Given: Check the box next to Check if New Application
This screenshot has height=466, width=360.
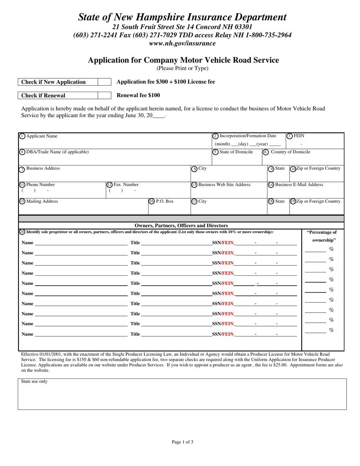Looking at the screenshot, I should [105, 82].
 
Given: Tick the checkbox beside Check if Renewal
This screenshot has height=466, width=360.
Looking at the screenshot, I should [105, 95].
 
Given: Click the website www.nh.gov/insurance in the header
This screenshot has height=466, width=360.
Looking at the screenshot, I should [182, 43].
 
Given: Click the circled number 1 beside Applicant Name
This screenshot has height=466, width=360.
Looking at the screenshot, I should [22, 136].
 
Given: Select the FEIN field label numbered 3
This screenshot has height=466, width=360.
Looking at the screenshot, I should [299, 136].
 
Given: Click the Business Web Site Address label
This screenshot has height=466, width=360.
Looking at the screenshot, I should [224, 185].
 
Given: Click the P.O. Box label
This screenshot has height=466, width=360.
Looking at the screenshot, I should [164, 202].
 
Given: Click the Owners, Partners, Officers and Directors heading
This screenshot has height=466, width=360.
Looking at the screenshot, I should [182, 225].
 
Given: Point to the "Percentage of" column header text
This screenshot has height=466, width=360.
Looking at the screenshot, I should [321, 232].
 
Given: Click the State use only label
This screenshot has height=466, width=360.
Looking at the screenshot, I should [34, 382].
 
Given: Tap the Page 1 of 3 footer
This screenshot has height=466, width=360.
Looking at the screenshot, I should [182, 442].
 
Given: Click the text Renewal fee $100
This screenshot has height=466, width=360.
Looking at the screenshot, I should [138, 95].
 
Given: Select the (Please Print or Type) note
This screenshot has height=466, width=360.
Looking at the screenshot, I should [182, 69].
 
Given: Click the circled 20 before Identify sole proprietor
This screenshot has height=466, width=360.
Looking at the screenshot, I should [22, 232].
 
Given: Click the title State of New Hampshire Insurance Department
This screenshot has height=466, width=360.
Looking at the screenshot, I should [182, 17].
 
